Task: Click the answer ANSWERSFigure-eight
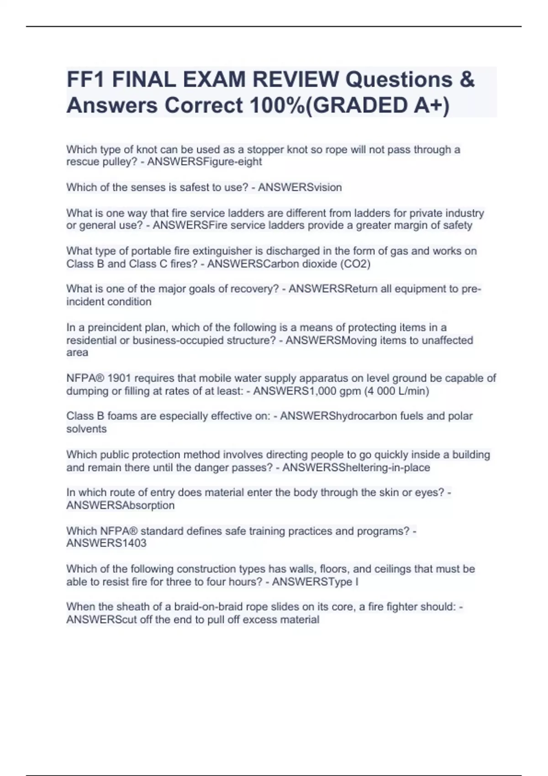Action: pos(204,162)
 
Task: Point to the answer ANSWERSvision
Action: pos(300,187)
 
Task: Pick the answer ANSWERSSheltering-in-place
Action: pos(356,467)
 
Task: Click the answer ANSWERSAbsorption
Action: pos(120,505)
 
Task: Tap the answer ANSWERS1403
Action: pos(106,543)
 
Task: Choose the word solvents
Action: pos(86,429)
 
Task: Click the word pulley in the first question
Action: pos(122,162)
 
